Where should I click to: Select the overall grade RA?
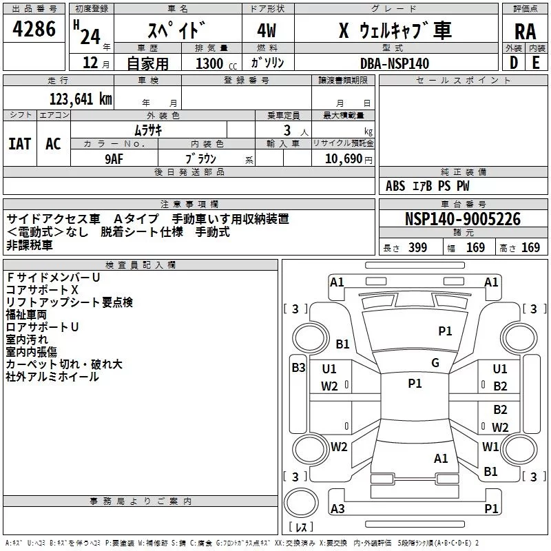(525, 32)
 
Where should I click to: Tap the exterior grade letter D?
(512, 62)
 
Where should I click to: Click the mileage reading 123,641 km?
(80, 99)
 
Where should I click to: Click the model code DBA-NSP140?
(394, 63)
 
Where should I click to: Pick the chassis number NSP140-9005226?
(462, 220)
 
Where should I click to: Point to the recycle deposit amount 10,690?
(343, 158)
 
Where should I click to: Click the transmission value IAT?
(19, 143)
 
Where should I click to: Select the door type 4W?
(267, 31)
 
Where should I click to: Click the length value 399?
(418, 248)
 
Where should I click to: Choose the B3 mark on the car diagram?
(298, 368)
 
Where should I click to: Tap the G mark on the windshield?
(435, 363)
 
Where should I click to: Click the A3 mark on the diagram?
(337, 509)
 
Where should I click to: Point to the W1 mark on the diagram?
(490, 446)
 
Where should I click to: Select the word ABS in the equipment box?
(395, 186)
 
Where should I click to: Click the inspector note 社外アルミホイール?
(52, 377)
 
